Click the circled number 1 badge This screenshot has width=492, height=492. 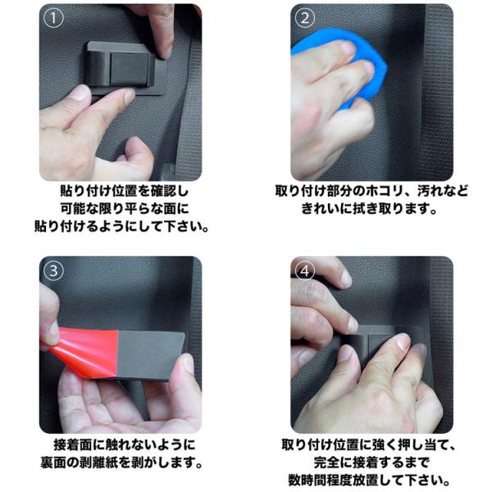(x=53, y=18)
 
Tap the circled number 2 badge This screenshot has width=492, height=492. (x=305, y=18)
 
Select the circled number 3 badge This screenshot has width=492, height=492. (x=53, y=271)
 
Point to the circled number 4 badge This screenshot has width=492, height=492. (x=305, y=271)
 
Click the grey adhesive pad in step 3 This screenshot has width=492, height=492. (x=148, y=354)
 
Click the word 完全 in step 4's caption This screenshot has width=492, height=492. (x=327, y=462)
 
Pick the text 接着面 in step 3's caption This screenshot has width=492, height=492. (x=73, y=444)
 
